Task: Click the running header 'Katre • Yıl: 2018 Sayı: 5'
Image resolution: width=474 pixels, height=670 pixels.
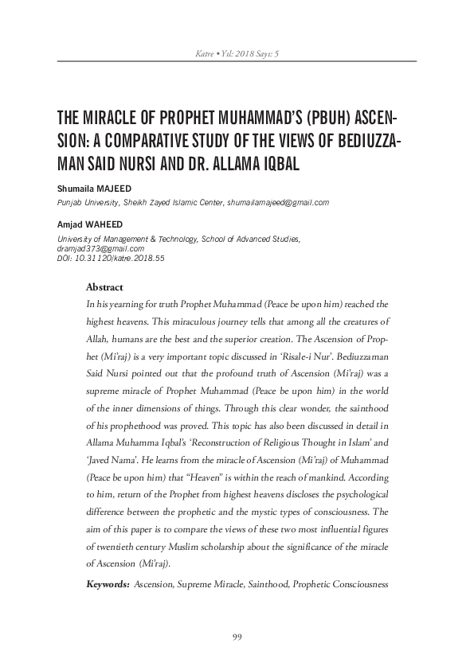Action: pos(237,53)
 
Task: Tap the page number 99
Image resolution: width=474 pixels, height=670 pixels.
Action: pos(237,636)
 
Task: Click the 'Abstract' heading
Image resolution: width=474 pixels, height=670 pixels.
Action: pos(104,287)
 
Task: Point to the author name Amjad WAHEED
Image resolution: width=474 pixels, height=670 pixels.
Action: pos(84,225)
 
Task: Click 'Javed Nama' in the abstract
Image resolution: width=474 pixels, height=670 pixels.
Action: pos(113,458)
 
